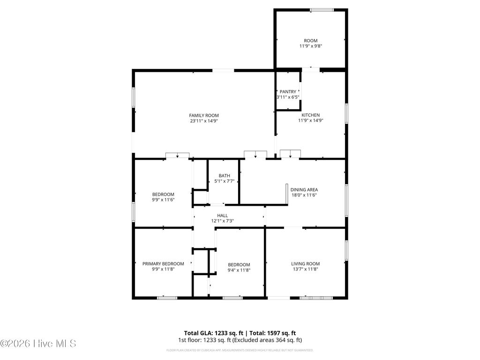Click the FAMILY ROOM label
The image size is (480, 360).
pos(204,115)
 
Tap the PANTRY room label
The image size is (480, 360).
pos(288,91)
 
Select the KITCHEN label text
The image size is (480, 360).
pos(311,115)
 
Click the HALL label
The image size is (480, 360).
pos(222,216)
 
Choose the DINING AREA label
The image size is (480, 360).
pos(304,190)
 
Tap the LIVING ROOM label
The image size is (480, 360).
pos(305,264)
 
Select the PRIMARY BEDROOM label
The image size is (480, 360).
pos(163,264)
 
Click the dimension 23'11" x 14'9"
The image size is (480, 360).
pos(204,121)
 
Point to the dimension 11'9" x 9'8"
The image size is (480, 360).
pos(311,46)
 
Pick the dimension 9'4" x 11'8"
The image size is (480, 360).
pos(239,270)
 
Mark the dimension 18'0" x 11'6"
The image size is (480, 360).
pos(304,195)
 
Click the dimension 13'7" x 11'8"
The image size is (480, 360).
pos(305,270)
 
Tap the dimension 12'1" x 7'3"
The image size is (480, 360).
pos(222,221)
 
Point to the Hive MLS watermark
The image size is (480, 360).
pos(38,344)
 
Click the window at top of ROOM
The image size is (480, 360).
pos(322,10)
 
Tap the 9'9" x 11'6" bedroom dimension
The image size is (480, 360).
pos(163,200)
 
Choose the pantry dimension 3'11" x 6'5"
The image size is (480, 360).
pos(288,97)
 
